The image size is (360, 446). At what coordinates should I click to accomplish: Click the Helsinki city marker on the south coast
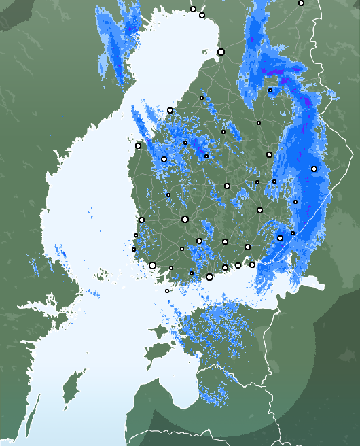pyautogui.click(x=209, y=277)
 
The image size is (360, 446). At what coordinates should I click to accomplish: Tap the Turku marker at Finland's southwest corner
pyautogui.click(x=152, y=265)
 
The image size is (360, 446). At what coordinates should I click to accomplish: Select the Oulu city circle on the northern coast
pyautogui.click(x=221, y=52)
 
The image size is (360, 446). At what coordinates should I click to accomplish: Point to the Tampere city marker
pyautogui.click(x=185, y=219)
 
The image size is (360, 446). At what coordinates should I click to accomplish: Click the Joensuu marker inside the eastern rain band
pyautogui.click(x=314, y=169)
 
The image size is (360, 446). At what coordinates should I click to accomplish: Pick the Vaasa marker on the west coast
pyautogui.click(x=138, y=145)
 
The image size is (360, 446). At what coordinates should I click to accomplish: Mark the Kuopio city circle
pyautogui.click(x=269, y=154)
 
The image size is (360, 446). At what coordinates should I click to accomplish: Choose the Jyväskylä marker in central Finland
pyautogui.click(x=227, y=186)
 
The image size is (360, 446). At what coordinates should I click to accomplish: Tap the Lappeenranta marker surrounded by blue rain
pyautogui.click(x=280, y=238)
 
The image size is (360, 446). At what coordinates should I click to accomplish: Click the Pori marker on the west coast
pyautogui.click(x=141, y=220)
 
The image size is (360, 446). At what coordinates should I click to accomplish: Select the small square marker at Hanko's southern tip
pyautogui.click(x=167, y=291)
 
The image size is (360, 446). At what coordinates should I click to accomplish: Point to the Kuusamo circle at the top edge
pyautogui.click(x=301, y=3)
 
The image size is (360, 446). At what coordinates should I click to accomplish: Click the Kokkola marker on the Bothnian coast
pyautogui.click(x=170, y=110)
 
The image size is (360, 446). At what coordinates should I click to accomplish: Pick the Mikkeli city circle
pyautogui.click(x=259, y=210)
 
